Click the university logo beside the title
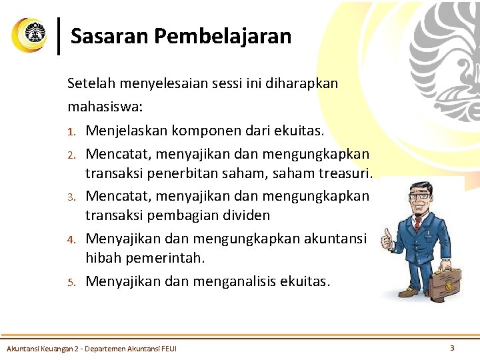(x=29, y=35)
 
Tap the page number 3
(x=452, y=347)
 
